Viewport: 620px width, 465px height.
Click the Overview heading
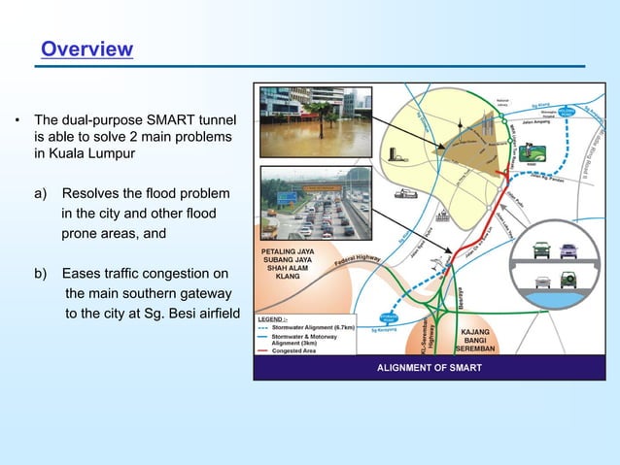pyautogui.click(x=86, y=49)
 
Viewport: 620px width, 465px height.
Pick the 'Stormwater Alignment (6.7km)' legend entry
pyautogui.click(x=312, y=328)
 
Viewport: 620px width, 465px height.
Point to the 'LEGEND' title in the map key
pyautogui.click(x=271, y=318)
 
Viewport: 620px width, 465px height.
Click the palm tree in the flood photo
pyautogui.click(x=318, y=113)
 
